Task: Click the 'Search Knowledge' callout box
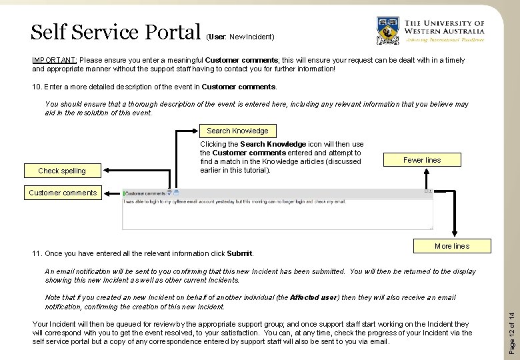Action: point(237,131)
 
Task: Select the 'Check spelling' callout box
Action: point(62,171)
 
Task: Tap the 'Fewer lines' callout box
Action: point(422,160)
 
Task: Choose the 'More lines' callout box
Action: point(451,246)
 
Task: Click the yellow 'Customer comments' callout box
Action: point(63,193)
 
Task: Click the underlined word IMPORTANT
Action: point(55,60)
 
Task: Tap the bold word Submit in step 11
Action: point(239,253)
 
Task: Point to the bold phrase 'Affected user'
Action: point(315,297)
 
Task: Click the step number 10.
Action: point(37,87)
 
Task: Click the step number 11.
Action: point(37,253)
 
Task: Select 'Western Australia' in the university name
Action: point(445,31)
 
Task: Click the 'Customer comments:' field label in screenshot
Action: point(145,193)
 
